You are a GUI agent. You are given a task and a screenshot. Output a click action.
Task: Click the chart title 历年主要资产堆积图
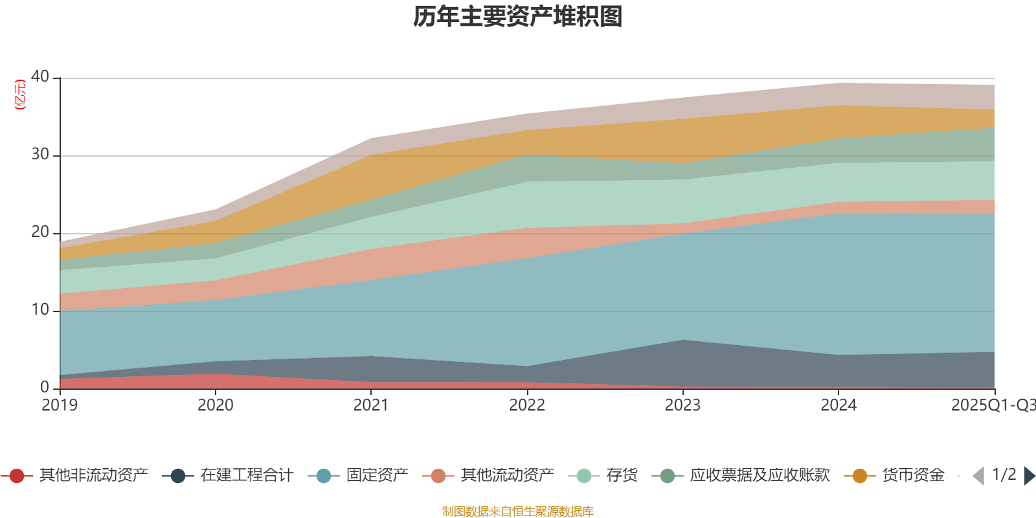(x=518, y=17)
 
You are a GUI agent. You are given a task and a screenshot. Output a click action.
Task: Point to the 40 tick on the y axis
(x=40, y=76)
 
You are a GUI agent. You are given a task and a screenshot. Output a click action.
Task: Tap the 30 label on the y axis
(x=40, y=154)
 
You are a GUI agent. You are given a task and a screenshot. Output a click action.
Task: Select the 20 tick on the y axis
(x=40, y=232)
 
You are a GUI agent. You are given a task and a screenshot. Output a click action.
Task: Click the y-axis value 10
(x=40, y=310)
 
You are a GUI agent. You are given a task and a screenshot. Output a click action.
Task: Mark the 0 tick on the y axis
(x=45, y=387)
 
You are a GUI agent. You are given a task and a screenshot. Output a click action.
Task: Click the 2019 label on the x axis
(x=60, y=405)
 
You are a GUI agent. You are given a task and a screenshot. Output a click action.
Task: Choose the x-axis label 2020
(x=215, y=405)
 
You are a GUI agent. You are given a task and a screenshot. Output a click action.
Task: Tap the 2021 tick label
(x=371, y=405)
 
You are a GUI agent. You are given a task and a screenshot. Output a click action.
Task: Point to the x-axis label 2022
(x=527, y=405)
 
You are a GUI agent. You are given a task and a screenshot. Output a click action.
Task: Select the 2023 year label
(x=682, y=405)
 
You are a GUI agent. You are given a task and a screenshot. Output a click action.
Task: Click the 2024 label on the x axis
(x=839, y=405)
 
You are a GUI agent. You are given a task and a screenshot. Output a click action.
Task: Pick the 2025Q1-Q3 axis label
(x=992, y=405)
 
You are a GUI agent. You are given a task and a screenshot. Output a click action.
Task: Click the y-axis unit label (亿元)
(x=20, y=95)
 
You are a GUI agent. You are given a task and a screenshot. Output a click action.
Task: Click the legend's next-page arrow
(x=1029, y=476)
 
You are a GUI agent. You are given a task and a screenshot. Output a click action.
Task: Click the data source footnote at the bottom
(x=518, y=512)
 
